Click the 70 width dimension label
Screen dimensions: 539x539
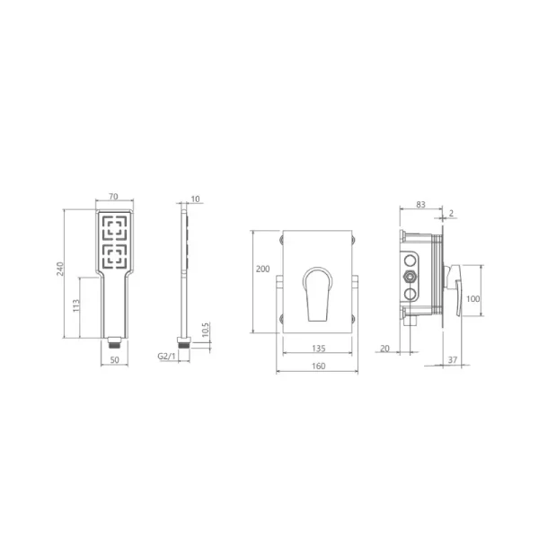[113, 196]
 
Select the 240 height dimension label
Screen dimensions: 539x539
[60, 269]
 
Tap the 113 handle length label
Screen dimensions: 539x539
[76, 305]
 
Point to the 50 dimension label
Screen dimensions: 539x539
[115, 359]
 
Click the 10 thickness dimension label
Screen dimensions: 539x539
[195, 199]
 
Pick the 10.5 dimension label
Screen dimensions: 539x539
[205, 330]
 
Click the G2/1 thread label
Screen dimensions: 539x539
[166, 356]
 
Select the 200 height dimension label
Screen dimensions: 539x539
[263, 269]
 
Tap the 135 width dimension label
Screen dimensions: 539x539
[319, 349]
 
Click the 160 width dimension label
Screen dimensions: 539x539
[319, 366]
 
